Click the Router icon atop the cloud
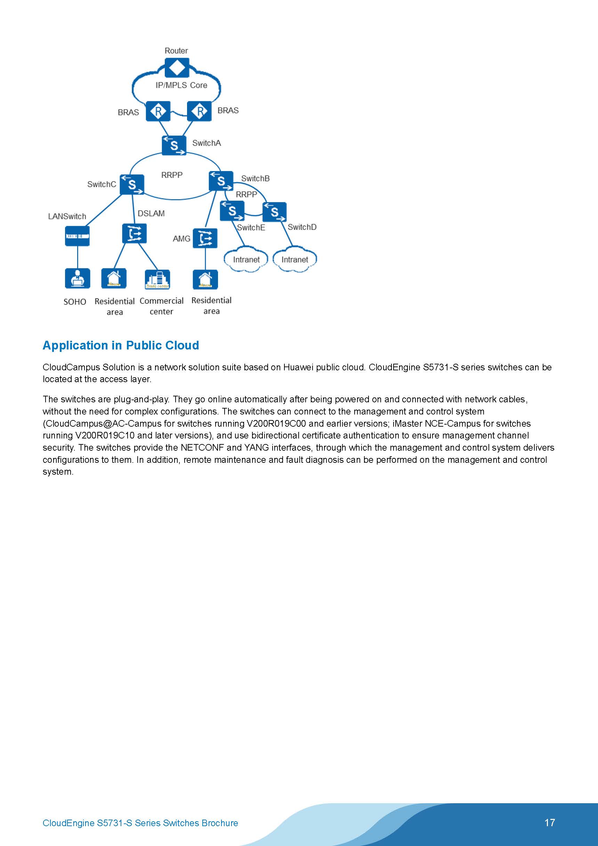coord(177,68)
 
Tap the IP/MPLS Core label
coord(181,85)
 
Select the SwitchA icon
coord(174,146)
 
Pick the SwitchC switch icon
coord(131,184)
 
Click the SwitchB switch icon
coord(221,181)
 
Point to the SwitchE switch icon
coord(232,211)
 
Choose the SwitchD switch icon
coord(275,212)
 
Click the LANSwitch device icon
coord(78,236)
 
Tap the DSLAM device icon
coord(134,234)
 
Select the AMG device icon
coord(205,238)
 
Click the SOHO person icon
coord(78,278)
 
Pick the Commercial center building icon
coord(157,279)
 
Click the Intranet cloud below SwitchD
coord(295,260)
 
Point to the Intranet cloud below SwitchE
coord(246,260)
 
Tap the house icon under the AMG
coord(205,280)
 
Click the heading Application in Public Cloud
coord(121,345)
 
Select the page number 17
coord(549,822)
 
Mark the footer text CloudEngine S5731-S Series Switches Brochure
coord(140,823)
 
